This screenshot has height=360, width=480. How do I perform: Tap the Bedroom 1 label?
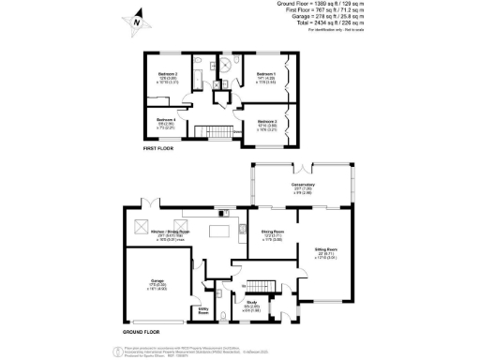pos(266,72)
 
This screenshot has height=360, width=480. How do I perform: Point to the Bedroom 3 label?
pos(265,120)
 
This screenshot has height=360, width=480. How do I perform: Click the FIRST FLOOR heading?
pos(159,148)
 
